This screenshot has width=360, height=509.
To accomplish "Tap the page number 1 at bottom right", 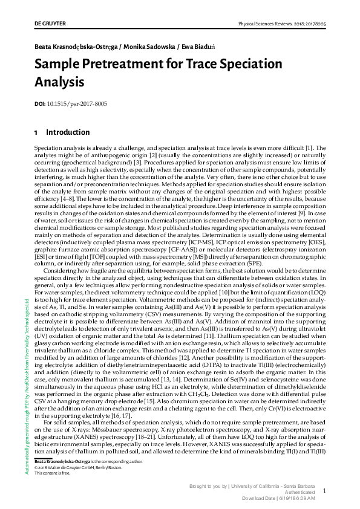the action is point(324,491).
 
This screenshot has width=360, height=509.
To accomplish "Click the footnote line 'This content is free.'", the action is point(51,471).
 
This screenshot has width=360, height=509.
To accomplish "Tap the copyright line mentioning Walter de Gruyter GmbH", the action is point(71,466).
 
